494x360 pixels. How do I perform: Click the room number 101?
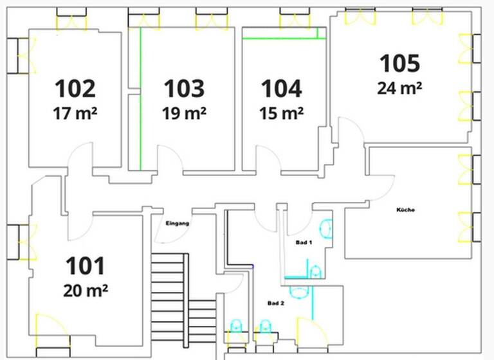tap(86, 265)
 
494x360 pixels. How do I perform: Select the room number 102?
tap(75, 88)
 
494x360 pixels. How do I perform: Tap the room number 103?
tap(184, 88)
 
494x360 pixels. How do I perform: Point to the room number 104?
tap(280, 88)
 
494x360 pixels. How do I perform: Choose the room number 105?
tap(399, 64)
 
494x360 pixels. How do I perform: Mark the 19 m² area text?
tap(184, 114)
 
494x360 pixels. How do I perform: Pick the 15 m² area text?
tap(281, 114)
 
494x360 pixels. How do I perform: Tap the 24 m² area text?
tap(399, 88)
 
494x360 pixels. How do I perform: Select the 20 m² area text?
tap(86, 290)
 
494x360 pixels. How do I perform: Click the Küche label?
tap(405, 210)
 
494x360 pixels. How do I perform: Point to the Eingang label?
tap(178, 224)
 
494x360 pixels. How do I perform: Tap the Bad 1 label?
tap(304, 243)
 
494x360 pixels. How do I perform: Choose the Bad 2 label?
tap(275, 302)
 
